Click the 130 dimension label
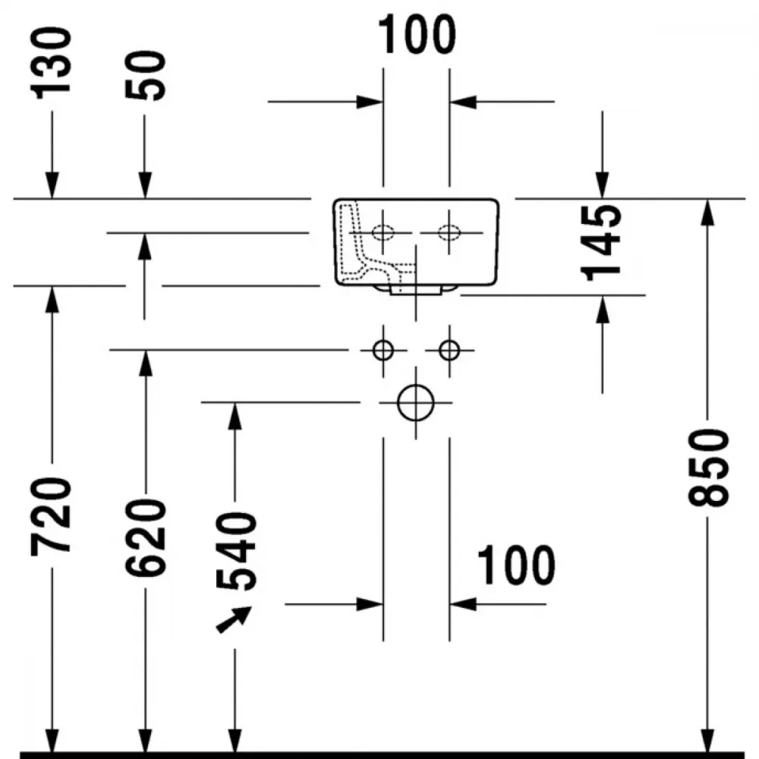[51, 63]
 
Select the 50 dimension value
[145, 76]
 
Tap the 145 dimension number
[601, 243]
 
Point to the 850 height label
[708, 468]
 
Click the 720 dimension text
[51, 516]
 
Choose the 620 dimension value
[145, 538]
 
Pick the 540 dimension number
[236, 552]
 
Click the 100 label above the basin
[417, 34]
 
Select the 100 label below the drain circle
[516, 565]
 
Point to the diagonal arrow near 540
[233, 619]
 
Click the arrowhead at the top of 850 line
[707, 212]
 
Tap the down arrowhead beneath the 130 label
[52, 185]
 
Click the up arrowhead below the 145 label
[602, 309]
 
